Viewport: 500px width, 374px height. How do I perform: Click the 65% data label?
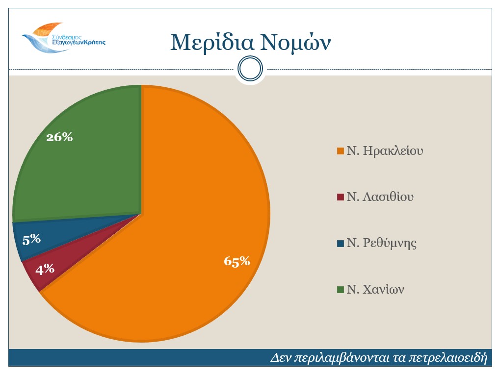[237, 262]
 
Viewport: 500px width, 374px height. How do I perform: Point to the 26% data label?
[59, 138]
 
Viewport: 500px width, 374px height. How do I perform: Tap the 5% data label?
[31, 239]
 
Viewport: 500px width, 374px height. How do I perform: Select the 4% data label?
[45, 269]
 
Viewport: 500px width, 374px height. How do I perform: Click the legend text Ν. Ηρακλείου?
[385, 151]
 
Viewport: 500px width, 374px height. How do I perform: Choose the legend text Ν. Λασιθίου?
[380, 198]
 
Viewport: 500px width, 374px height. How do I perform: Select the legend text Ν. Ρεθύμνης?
[381, 244]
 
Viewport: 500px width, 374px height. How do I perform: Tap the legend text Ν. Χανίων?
[375, 290]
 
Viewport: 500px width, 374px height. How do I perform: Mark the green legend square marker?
[340, 290]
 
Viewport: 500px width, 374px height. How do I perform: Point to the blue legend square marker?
[340, 244]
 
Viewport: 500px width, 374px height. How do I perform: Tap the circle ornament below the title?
[250, 70]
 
